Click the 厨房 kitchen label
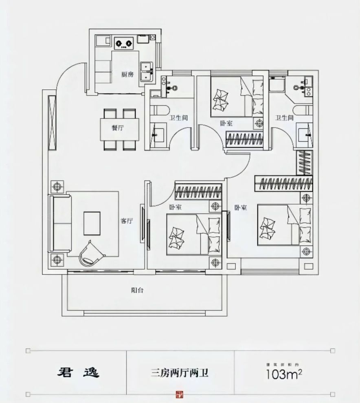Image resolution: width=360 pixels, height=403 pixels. (127, 75)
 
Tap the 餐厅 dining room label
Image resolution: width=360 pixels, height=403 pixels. (118, 128)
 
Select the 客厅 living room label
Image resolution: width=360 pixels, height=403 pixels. (127, 221)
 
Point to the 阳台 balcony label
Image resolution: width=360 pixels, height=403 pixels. (137, 291)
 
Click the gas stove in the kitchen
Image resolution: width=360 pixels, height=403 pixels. (124, 42)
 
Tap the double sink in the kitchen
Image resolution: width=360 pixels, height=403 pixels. (146, 72)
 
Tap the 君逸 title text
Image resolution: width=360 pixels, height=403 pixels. (77, 372)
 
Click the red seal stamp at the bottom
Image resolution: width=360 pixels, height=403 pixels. (180, 394)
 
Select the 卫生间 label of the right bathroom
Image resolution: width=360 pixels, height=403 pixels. (284, 118)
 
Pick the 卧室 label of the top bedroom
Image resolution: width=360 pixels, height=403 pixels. (227, 123)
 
